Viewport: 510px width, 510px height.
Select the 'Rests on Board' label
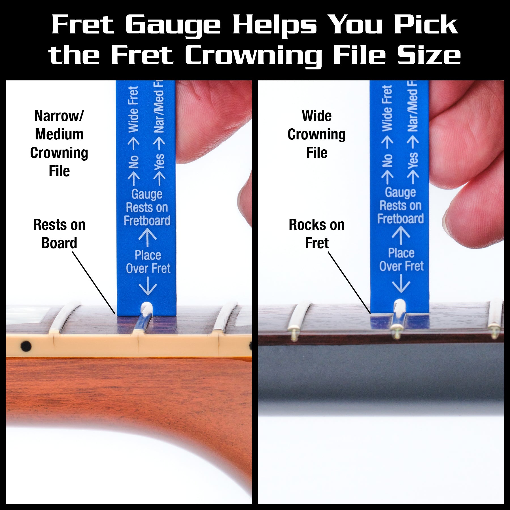tap(59, 234)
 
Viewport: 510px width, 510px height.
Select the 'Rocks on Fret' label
tap(316, 234)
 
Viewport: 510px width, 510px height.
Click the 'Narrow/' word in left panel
tap(59, 116)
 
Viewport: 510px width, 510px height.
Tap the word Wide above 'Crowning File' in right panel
tap(316, 116)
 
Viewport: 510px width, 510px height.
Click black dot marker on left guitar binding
tap(26, 346)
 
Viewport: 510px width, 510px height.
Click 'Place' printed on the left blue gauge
tap(148, 255)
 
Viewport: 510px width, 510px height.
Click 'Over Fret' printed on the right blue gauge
tap(401, 266)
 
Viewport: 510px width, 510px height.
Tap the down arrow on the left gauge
tap(148, 286)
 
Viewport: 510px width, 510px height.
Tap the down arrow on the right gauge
tap(401, 284)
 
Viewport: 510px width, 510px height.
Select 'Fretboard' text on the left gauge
tap(147, 221)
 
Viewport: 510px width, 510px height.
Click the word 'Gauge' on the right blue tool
tap(400, 192)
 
